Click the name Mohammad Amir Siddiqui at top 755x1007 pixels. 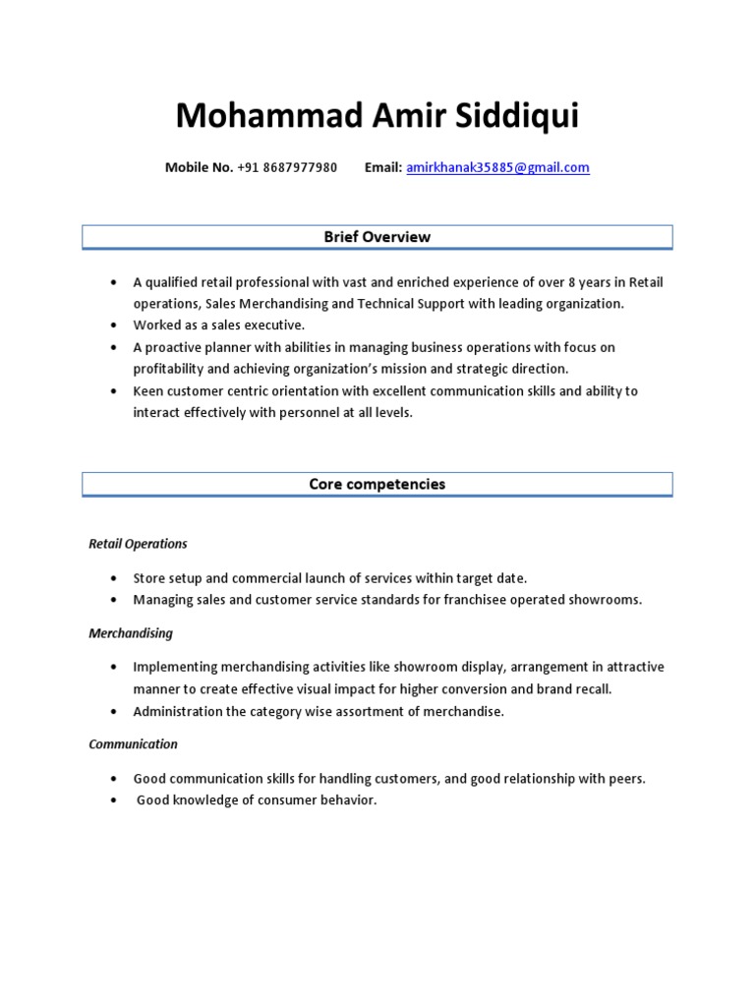tap(377, 116)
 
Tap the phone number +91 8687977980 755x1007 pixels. tap(287, 167)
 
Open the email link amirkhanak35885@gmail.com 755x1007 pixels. tap(497, 167)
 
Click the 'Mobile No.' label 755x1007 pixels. tap(199, 167)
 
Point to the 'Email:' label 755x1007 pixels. tap(383, 167)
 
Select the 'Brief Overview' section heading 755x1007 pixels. tap(377, 237)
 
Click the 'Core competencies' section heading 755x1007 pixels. tap(377, 484)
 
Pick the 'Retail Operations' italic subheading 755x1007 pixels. tap(138, 544)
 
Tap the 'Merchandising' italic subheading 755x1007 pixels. tap(131, 633)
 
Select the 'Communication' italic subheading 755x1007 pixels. tap(134, 744)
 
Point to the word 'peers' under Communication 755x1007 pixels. tap(625, 779)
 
